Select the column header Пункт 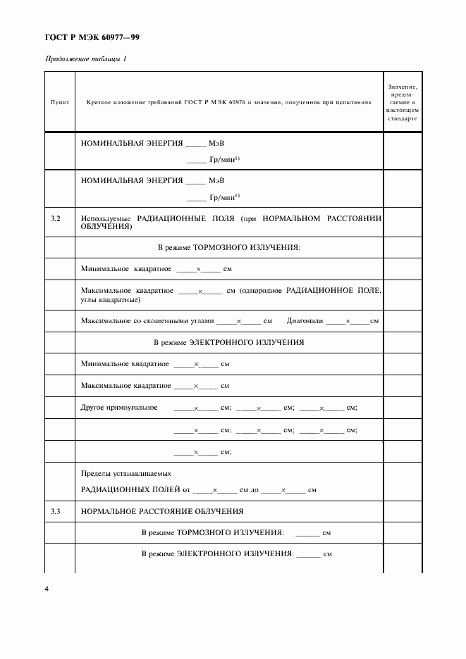click(x=60, y=103)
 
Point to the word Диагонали click(x=305, y=321)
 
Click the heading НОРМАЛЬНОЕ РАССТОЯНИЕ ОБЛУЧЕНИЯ click(x=162, y=511)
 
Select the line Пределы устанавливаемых click(x=126, y=474)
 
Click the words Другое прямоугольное click(x=119, y=408)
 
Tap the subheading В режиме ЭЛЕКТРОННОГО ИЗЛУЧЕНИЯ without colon click(x=228, y=343)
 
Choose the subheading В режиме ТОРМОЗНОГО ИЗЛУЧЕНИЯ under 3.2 click(x=228, y=247)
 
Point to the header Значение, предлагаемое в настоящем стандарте click(x=403, y=103)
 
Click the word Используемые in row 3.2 click(x=106, y=220)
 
